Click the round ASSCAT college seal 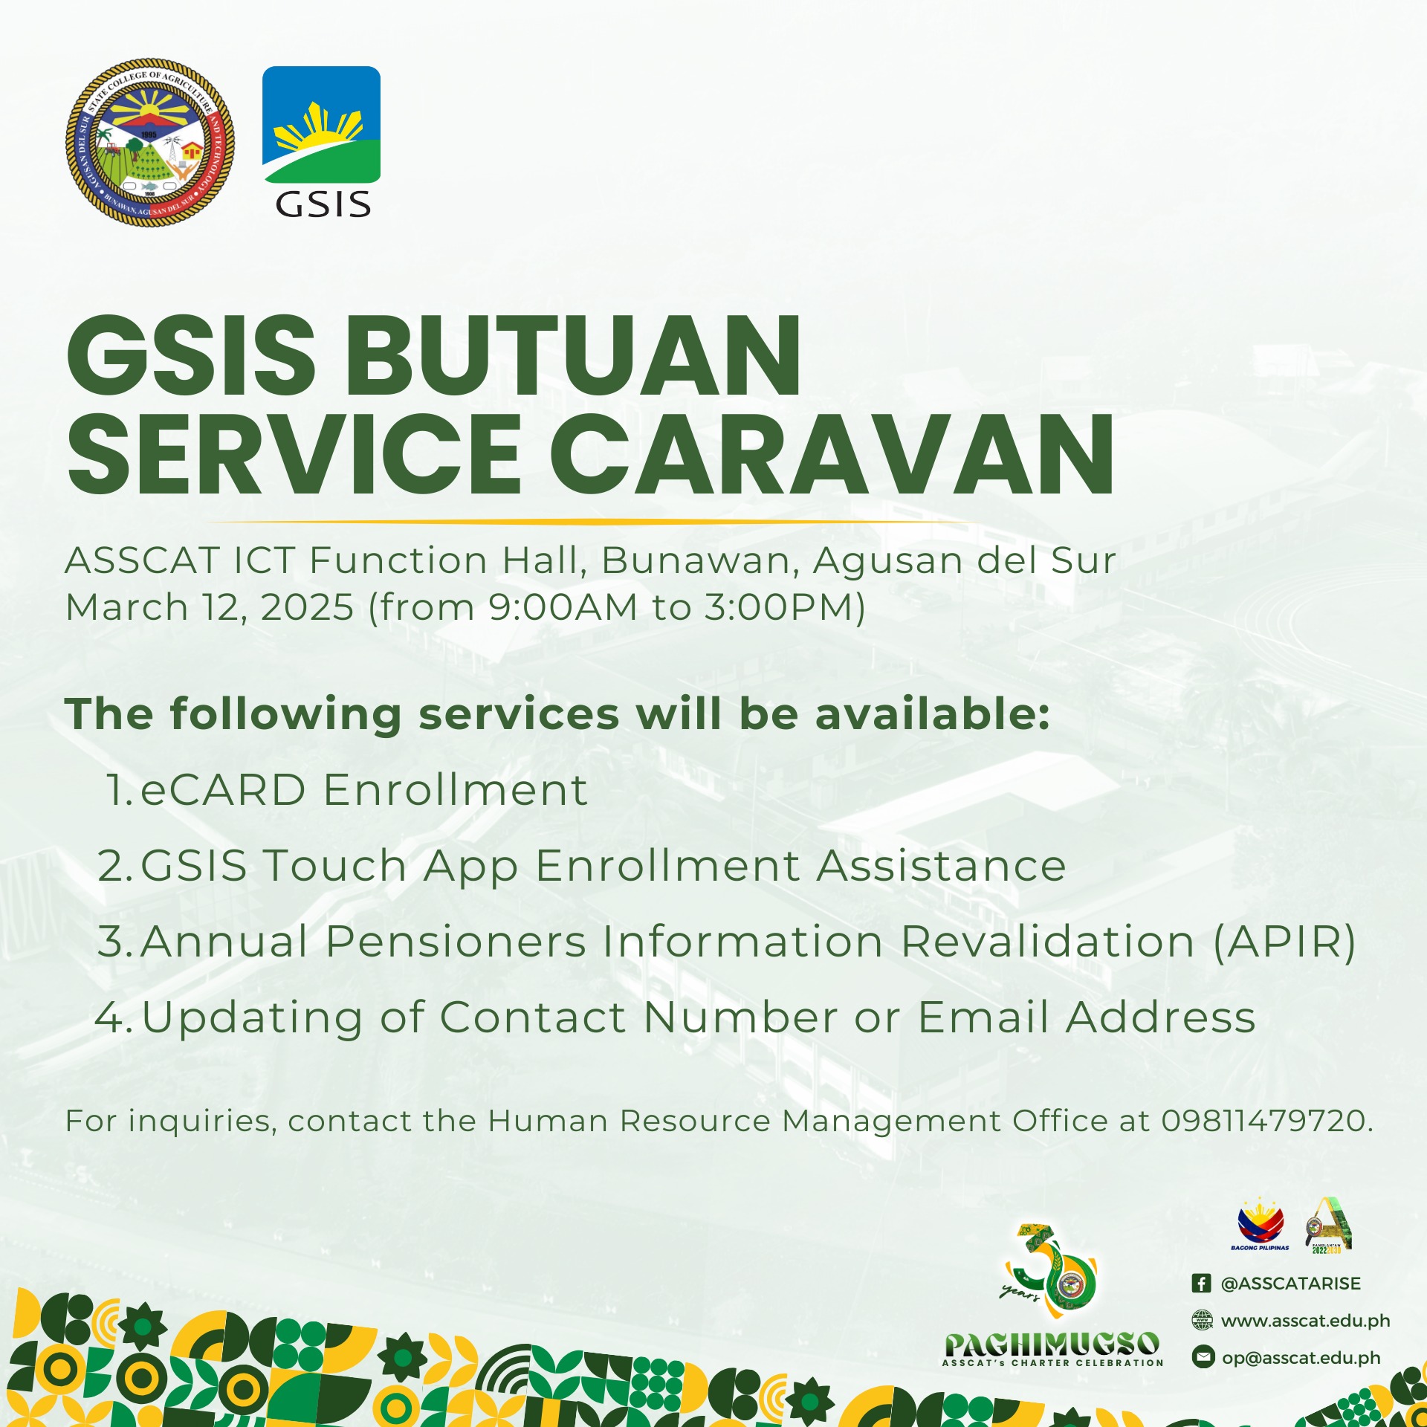pos(149,143)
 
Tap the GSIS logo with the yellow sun pos(321,142)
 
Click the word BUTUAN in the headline pos(573,356)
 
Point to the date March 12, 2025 pos(210,607)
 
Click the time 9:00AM pos(563,606)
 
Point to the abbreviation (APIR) pos(1284,942)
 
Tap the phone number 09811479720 pos(1263,1121)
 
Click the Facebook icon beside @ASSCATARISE pos(1201,1284)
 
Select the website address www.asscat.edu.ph pos(1305,1321)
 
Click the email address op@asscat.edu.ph pos(1301,1358)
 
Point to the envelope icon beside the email pos(1202,1357)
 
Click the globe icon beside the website pos(1202,1320)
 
